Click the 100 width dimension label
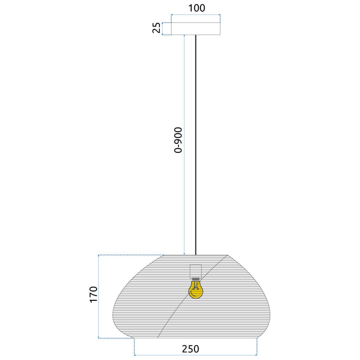pos(196,8)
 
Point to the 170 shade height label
pos(93,294)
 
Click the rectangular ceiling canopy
pos(196,29)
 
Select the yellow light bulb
pos(195,290)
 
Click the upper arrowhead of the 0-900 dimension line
pos(184,38)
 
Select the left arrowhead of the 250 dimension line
pos(136,355)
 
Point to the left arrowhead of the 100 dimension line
pos(172,15)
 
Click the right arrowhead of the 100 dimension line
pos(220,15)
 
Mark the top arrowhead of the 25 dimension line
pos(163,24)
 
